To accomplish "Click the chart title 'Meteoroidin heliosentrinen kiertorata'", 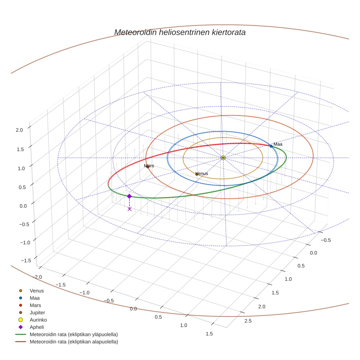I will [180, 32].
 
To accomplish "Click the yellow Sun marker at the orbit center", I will [223, 158].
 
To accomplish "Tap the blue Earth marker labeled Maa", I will [271, 146].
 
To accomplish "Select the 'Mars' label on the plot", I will [149, 166].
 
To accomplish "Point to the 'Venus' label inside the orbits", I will [202, 173].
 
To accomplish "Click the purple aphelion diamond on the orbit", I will [129, 196].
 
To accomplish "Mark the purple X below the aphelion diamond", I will [130, 209].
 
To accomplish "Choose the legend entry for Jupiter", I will [37, 312].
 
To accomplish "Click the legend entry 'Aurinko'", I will [38, 320].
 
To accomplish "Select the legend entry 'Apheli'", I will [37, 327].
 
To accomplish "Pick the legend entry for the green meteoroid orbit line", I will [74, 334].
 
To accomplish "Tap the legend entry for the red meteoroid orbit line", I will [74, 342].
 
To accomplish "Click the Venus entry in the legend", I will [37, 291].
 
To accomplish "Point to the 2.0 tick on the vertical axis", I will [19, 130].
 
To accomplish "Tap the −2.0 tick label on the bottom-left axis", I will [38, 277].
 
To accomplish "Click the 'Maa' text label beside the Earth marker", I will [278, 144].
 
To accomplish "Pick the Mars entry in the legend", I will [35, 305].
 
